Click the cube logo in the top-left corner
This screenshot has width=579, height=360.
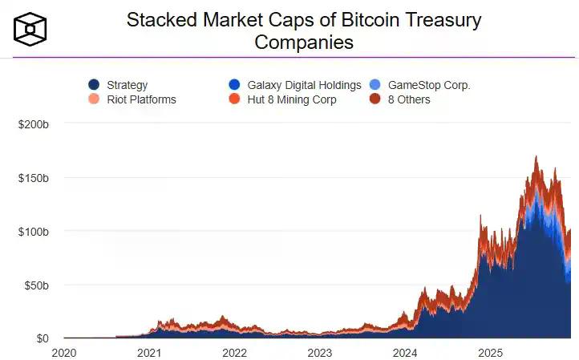tap(30, 29)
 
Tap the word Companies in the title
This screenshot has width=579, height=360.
tap(304, 42)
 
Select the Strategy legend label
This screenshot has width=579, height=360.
tap(127, 85)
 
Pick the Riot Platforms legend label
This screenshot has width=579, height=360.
tap(141, 99)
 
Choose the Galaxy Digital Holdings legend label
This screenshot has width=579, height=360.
tap(304, 85)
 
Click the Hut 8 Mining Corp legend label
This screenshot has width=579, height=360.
tap(292, 99)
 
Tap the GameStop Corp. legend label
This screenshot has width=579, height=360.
tap(429, 85)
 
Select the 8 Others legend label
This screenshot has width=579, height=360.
tap(409, 99)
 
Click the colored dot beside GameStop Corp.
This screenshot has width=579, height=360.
tap(375, 85)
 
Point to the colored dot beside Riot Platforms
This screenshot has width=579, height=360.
tap(94, 99)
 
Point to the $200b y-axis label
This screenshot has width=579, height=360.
tap(34, 124)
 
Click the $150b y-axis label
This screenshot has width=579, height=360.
tap(34, 177)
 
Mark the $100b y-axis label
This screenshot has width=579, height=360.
tap(34, 231)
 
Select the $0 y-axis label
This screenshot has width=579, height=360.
tap(42, 338)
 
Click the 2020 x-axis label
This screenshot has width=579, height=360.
tap(64, 352)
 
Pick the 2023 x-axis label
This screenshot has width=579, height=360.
tap(319, 352)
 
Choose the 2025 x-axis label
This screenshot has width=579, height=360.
tap(489, 352)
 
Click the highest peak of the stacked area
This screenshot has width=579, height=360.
tap(536, 157)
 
